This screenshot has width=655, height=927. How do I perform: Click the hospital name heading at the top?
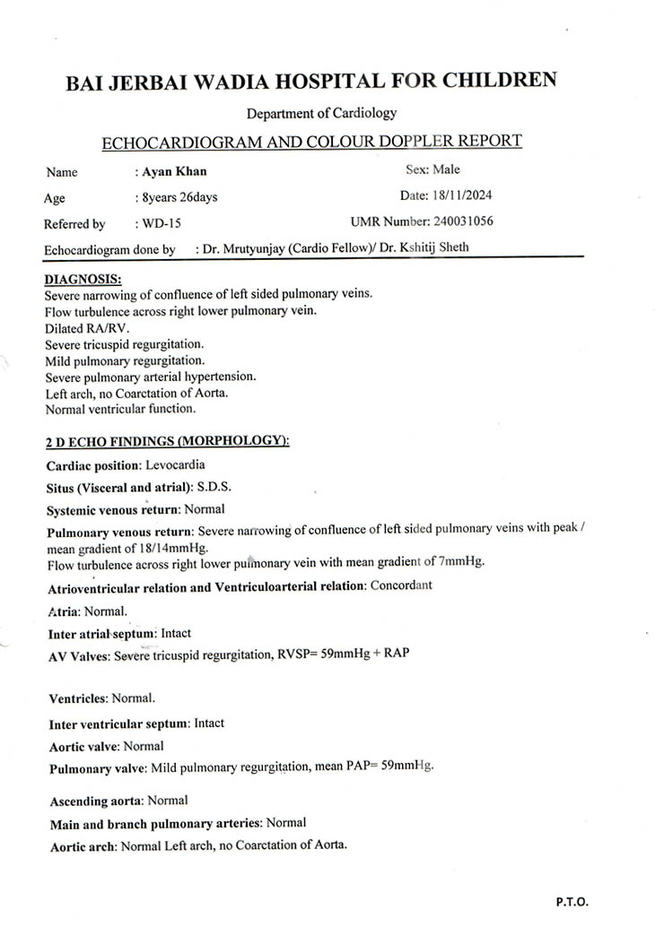pos(310,81)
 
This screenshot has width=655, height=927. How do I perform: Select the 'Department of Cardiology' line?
pos(321,113)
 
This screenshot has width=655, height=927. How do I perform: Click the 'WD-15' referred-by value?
pos(162,223)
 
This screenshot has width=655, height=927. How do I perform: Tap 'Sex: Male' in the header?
pos(432,169)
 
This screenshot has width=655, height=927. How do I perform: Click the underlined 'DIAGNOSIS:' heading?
pos(83,280)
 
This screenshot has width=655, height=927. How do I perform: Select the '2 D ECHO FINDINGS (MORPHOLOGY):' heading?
pos(167,441)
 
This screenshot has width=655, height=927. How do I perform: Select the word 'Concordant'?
pos(401,585)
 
